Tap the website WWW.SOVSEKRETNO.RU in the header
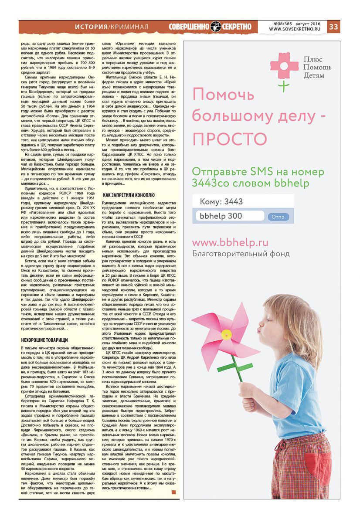(294, 29)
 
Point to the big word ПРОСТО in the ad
(229, 139)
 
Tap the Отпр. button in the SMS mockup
(278, 217)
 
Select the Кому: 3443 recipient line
(221, 202)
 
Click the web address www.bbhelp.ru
(230, 243)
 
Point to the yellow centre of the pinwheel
(226, 334)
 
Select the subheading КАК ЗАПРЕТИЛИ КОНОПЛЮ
(128, 194)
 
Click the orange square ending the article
(174, 492)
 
